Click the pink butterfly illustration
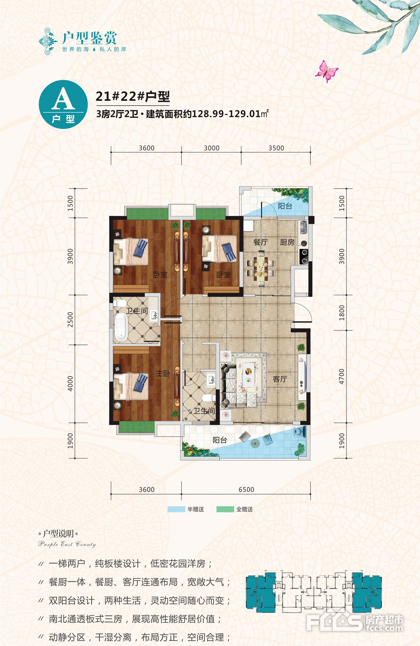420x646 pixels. [x=326, y=71]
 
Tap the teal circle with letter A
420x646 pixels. [x=63, y=105]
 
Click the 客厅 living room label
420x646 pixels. [x=280, y=379]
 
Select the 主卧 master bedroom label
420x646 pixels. [x=163, y=374]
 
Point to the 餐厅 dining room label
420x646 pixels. [x=260, y=242]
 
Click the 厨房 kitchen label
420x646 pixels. [x=287, y=242]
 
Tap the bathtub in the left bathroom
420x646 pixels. [x=121, y=327]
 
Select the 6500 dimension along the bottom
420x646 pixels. [x=246, y=490]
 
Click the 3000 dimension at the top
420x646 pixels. [x=212, y=148]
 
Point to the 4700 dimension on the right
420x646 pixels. [x=342, y=376]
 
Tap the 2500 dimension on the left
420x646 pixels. [x=70, y=320]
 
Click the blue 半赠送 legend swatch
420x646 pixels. [x=176, y=509]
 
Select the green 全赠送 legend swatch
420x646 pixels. [x=225, y=509]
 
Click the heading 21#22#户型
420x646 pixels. [x=133, y=96]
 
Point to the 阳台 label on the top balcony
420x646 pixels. [x=285, y=206]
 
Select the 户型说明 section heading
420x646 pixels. [x=58, y=533]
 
